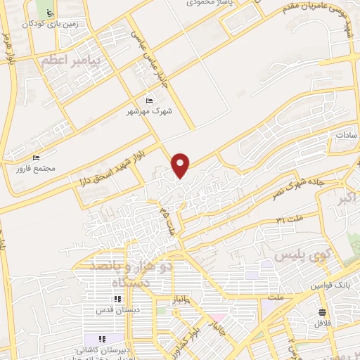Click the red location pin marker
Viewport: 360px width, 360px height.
pos(181,164)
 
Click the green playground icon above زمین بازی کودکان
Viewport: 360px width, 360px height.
pos(49,13)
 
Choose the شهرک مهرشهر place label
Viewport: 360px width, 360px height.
pos(150,110)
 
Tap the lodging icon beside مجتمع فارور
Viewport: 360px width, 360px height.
pos(37,159)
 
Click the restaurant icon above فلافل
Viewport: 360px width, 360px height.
pos(322,312)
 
